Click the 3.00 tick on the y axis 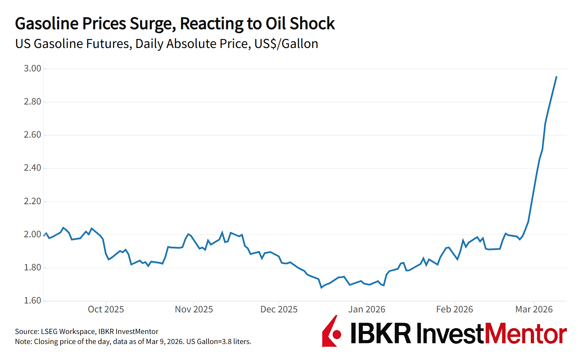tap(32, 68)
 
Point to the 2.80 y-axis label tap(32, 102)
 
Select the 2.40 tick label tap(32, 168)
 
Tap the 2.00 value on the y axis tap(32, 234)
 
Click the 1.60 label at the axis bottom tap(32, 300)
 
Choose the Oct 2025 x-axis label tap(106, 309)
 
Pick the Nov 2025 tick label tap(194, 309)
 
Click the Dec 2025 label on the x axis tap(279, 309)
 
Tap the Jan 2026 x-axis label tap(367, 309)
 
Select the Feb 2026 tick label tap(455, 309)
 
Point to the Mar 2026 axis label tap(534, 309)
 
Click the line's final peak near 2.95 tap(556, 77)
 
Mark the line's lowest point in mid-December tap(322, 287)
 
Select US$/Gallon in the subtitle tap(286, 44)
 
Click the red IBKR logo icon tap(330, 331)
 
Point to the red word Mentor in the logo tap(526, 333)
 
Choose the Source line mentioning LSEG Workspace tap(87, 331)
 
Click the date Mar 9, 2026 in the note tap(164, 341)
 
